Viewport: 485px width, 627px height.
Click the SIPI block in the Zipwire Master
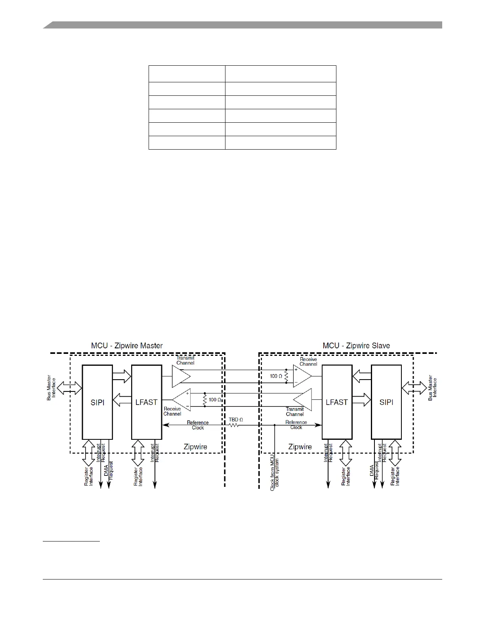point(97,402)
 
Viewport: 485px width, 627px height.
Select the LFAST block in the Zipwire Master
point(146,402)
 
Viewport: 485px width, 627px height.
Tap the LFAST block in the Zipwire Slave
point(336,402)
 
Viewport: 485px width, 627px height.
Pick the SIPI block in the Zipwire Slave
point(386,402)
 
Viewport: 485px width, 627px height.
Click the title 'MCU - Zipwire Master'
point(127,346)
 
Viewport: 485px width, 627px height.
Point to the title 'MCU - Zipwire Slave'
point(356,346)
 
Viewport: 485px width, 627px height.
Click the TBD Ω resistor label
point(236,419)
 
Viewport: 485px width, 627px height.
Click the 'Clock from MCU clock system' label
point(275,475)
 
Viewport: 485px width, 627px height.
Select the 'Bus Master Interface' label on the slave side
point(432,389)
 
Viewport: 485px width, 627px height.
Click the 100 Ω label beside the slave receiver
point(276,376)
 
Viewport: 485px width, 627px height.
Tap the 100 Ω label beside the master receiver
point(215,400)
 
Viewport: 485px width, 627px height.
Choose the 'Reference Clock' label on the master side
point(198,425)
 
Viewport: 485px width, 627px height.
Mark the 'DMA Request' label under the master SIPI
point(108,471)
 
